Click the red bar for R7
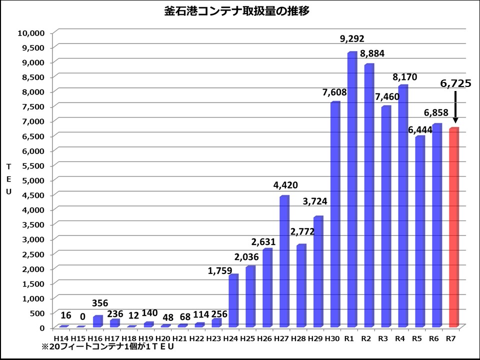point(454,227)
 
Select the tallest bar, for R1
point(352,189)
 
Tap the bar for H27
point(284,261)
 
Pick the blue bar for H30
point(335,214)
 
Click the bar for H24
point(233,300)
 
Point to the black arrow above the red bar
point(455,107)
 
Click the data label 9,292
point(352,39)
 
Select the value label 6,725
point(455,83)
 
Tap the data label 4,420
point(285,185)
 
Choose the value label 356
point(100,303)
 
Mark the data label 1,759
point(220,271)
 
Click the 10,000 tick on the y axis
point(31,33)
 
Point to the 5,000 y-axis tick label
point(33,180)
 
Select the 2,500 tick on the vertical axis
point(33,254)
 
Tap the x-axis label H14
point(61,339)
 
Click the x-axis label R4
point(400,339)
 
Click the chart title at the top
point(236,11)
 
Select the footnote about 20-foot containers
point(108,347)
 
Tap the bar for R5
point(420,231)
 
